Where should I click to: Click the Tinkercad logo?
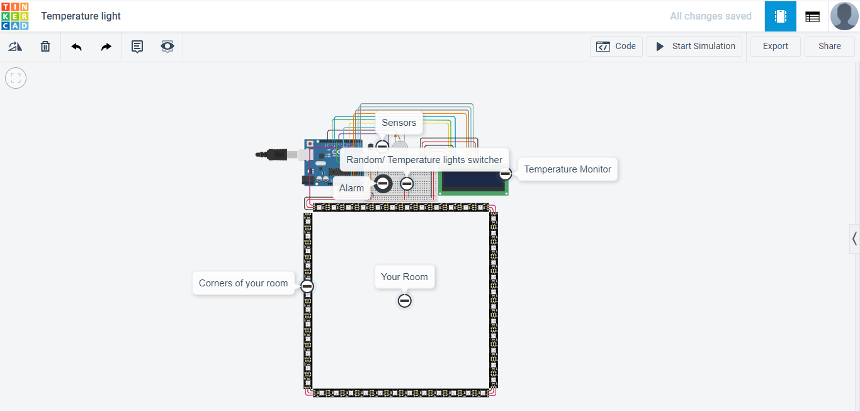tap(14, 16)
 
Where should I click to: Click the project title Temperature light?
tap(81, 16)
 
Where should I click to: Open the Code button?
tap(616, 46)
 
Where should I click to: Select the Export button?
tap(775, 46)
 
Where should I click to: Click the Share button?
tap(829, 46)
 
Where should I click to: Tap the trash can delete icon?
tap(45, 47)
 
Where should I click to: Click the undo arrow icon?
tap(76, 47)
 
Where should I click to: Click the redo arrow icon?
tap(106, 47)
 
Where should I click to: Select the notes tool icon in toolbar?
tap(137, 47)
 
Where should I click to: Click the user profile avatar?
tap(844, 16)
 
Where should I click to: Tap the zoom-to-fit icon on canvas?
tap(16, 78)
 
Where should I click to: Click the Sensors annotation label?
tap(399, 123)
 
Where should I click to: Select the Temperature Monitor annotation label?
tap(567, 169)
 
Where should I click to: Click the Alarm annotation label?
tap(351, 188)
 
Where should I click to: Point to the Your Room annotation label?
tap(404, 277)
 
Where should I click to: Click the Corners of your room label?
tap(243, 283)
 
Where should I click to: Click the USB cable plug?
tap(277, 154)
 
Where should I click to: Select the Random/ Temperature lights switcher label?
tap(424, 160)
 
